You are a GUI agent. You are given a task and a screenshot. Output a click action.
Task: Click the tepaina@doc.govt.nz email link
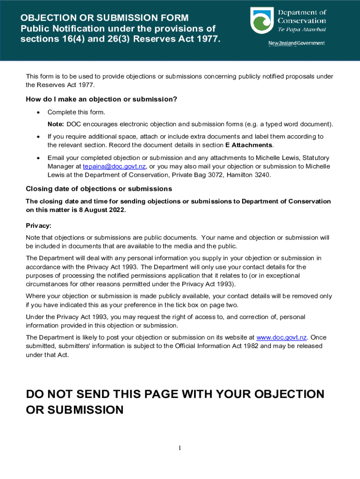coord(114,167)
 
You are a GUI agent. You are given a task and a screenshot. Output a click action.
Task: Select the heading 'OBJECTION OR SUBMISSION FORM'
coord(104,18)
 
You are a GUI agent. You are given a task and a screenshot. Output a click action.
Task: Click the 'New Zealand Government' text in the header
coord(296,44)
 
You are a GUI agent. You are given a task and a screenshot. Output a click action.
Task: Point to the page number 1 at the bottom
coord(179,449)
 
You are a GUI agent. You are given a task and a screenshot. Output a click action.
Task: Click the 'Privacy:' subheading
coord(38,225)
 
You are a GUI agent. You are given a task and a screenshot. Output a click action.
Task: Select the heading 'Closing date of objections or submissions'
coord(99,189)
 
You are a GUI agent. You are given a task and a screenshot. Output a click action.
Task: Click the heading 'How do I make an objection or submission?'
coord(101,99)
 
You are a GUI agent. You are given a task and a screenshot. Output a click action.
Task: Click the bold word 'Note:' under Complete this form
coord(56,124)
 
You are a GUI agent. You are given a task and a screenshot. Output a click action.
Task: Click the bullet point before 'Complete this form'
coord(37,112)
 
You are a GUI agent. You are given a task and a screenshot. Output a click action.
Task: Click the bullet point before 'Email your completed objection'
coord(37,158)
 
